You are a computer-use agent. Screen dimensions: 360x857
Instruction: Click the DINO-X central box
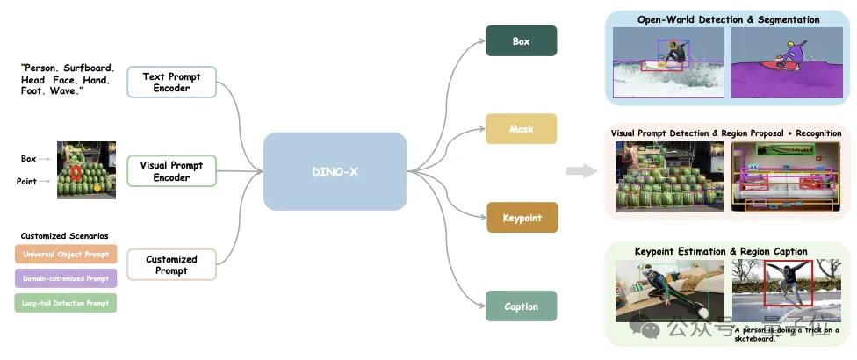(335, 171)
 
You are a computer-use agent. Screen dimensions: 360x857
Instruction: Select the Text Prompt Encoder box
(171, 82)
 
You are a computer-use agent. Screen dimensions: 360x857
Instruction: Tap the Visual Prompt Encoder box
(171, 170)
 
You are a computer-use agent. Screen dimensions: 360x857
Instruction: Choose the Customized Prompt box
(171, 264)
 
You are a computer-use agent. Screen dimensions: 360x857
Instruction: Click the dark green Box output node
(521, 41)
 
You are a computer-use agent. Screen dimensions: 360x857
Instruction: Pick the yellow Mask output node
(521, 129)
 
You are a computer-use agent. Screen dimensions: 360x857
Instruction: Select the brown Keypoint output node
(522, 218)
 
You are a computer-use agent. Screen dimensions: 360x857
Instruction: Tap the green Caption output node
(521, 306)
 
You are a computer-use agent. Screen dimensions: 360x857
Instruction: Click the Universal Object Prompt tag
(66, 255)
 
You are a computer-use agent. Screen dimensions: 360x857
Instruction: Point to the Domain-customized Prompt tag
(66, 278)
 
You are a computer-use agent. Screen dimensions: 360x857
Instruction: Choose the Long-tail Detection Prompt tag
(66, 303)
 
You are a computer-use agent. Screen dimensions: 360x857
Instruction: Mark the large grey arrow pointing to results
(581, 170)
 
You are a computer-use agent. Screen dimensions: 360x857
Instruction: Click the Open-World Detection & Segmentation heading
(728, 19)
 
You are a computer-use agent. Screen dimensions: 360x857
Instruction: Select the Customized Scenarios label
(65, 235)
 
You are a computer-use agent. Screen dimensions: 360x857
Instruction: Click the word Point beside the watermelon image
(26, 181)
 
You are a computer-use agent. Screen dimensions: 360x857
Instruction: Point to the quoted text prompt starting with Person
(66, 78)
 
